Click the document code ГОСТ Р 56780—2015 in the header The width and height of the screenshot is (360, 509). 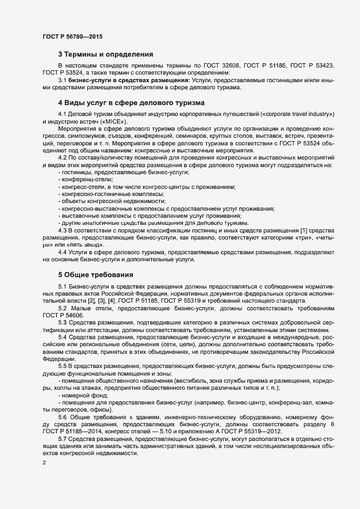pyautogui.click(x=72, y=36)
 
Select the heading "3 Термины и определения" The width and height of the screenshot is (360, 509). pyautogui.click(x=105, y=54)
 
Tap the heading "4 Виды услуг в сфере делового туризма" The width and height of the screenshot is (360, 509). pyautogui.click(x=131, y=102)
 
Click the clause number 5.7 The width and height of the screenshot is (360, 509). pyautogui.click(x=63, y=438)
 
